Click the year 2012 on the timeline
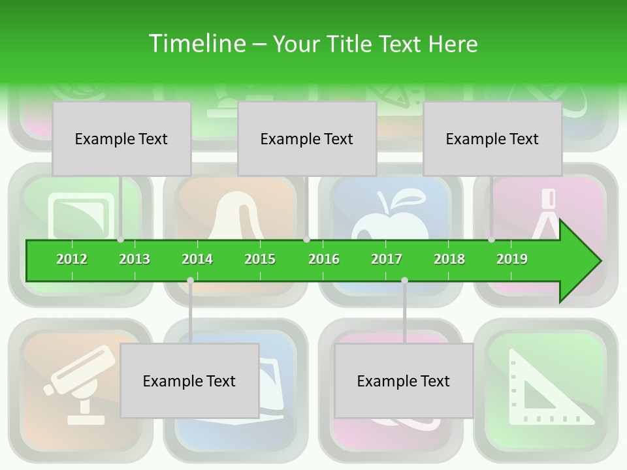(x=72, y=259)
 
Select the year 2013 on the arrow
(x=135, y=259)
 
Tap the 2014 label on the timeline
(x=197, y=259)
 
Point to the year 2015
(x=260, y=259)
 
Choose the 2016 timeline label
(x=324, y=259)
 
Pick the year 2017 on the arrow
(x=387, y=259)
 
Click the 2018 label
(x=449, y=259)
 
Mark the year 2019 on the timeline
(x=512, y=259)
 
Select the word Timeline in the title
(x=196, y=44)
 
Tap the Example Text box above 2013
(x=121, y=138)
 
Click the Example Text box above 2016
(x=307, y=138)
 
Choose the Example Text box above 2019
(x=492, y=138)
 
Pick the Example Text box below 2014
(x=189, y=381)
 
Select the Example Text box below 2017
(x=404, y=381)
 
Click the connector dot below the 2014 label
(x=190, y=281)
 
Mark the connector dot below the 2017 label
(x=404, y=281)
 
